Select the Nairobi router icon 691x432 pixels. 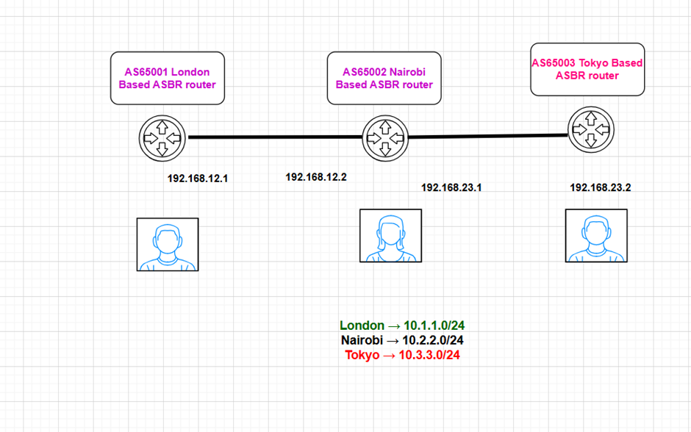pos(384,137)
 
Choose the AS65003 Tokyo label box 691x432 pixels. pos(587,69)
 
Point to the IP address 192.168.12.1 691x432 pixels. pos(197,179)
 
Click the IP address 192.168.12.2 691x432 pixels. pos(315,177)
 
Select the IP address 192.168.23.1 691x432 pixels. pos(451,187)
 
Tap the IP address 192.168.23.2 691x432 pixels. pos(600,187)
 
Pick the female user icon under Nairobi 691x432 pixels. pos(390,236)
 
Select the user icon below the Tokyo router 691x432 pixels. pos(595,235)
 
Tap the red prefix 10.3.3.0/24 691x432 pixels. pos(429,355)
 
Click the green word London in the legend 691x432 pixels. pos(362,325)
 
